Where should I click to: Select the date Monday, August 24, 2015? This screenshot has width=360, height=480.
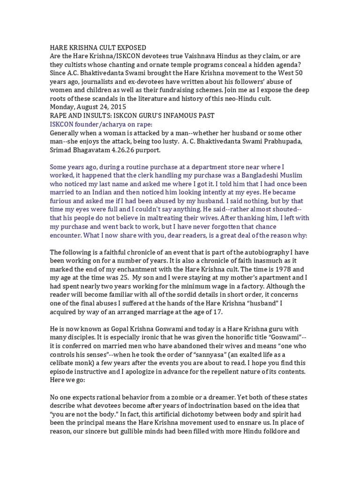pyautogui.click(x=85, y=107)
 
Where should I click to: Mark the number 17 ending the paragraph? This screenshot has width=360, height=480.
pyautogui.click(x=217, y=312)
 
